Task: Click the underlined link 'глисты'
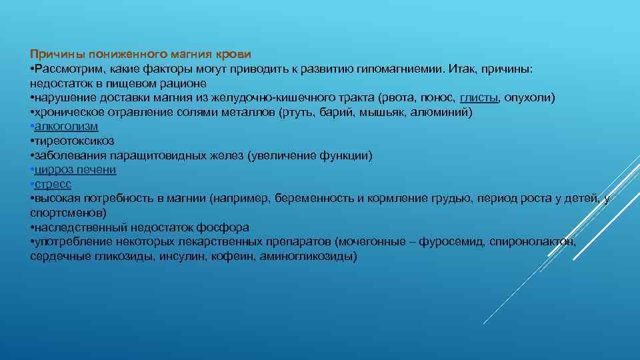click(x=479, y=98)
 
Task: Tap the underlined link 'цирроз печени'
click(x=75, y=170)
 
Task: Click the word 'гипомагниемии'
click(x=405, y=69)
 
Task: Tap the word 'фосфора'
click(x=229, y=227)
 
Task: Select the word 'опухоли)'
click(x=530, y=98)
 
